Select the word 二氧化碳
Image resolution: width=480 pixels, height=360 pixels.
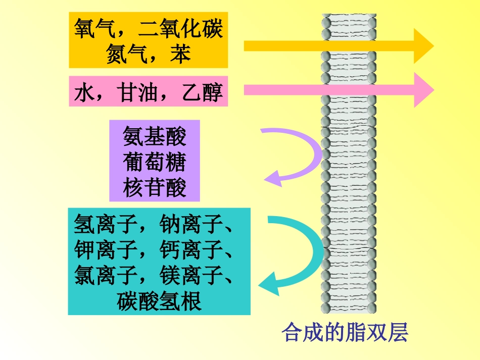coord(180,29)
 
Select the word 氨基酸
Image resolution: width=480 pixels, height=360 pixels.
coord(154,137)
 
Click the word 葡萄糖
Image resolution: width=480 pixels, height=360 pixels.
coord(154,162)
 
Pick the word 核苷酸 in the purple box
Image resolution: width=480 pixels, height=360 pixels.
coord(154,187)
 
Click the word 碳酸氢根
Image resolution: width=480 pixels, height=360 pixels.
coord(159,301)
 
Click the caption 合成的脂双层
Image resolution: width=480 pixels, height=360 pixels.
coord(345,332)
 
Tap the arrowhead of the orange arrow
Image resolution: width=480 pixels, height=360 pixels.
coord(423,46)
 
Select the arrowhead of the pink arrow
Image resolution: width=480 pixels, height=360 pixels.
coord(423,90)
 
